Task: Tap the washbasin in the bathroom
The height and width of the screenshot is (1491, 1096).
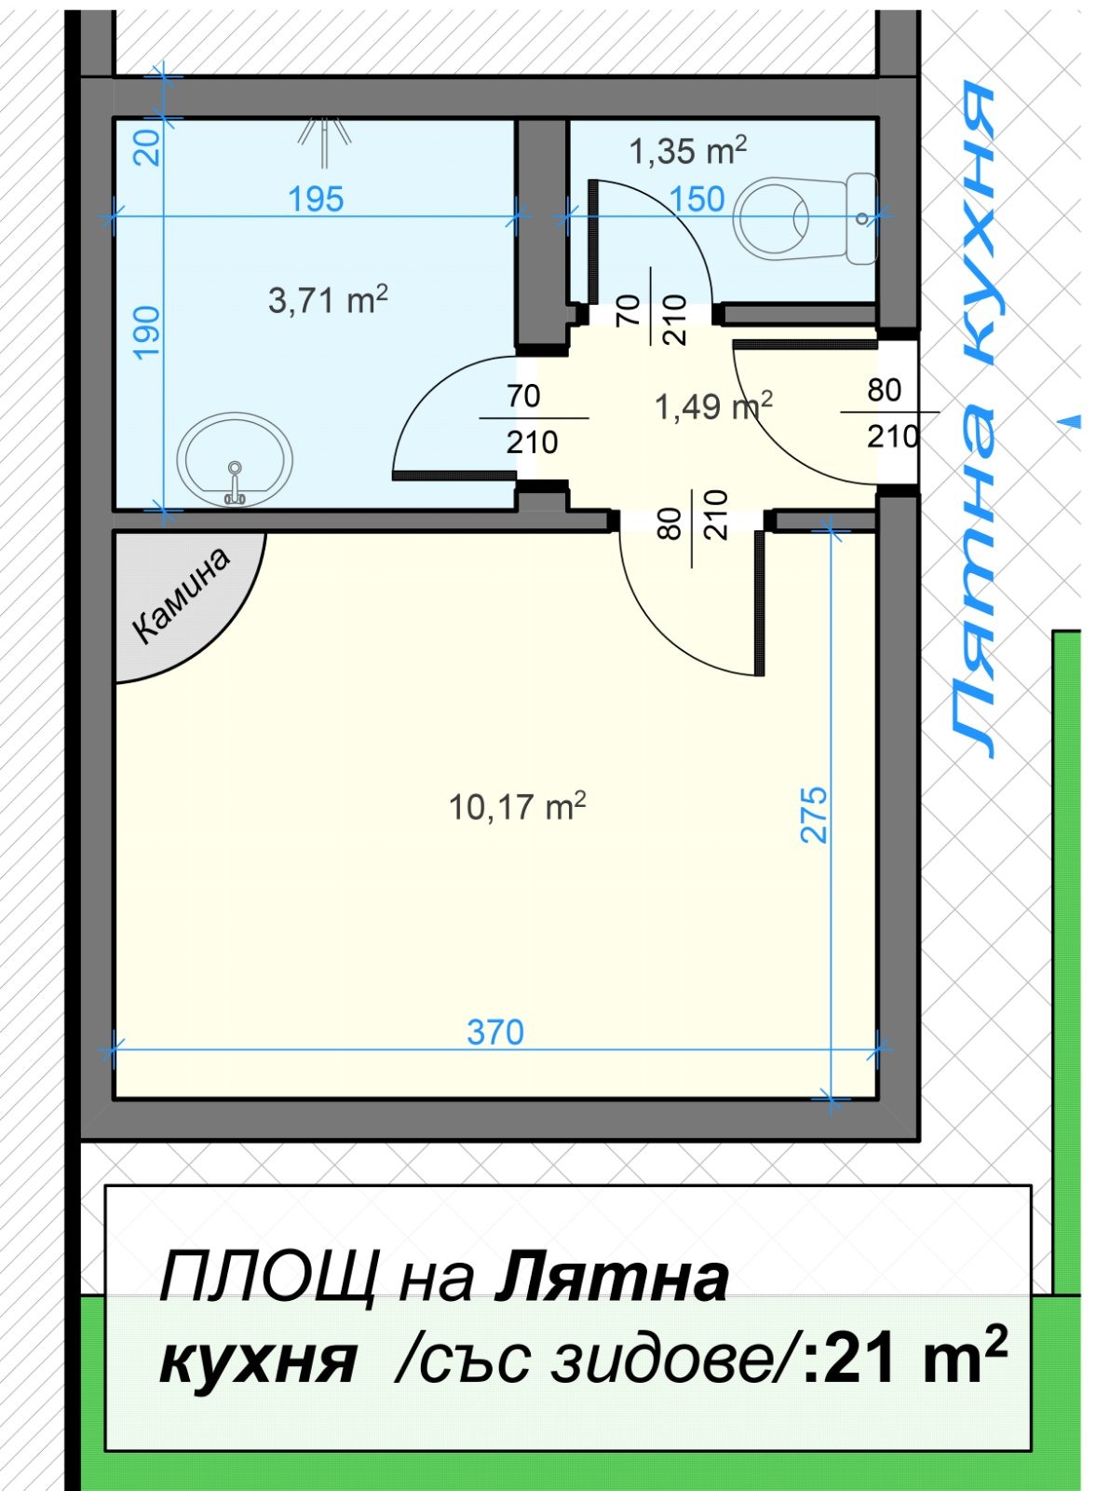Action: [236, 459]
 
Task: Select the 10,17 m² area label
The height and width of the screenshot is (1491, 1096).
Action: [517, 806]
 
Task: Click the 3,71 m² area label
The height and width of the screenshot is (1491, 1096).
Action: [327, 300]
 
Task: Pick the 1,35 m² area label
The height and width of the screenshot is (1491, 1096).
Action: [687, 150]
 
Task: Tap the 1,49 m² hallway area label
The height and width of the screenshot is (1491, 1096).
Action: [712, 406]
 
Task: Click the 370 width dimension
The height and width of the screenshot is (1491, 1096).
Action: [495, 1033]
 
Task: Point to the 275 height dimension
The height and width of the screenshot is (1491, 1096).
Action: [814, 814]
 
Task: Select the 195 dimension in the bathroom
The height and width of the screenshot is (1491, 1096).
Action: [316, 199]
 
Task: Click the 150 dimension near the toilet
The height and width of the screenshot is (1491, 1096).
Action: [697, 199]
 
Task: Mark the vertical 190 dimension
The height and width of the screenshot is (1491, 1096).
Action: [147, 332]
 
